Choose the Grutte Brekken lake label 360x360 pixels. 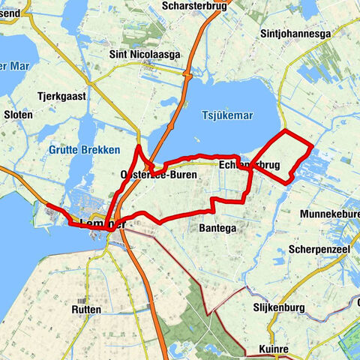click(x=84, y=150)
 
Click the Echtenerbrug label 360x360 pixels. click(x=250, y=164)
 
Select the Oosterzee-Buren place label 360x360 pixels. click(x=158, y=175)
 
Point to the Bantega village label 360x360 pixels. click(x=218, y=227)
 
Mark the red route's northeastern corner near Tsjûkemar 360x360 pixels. click(x=286, y=131)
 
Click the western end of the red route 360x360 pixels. click(x=47, y=204)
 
